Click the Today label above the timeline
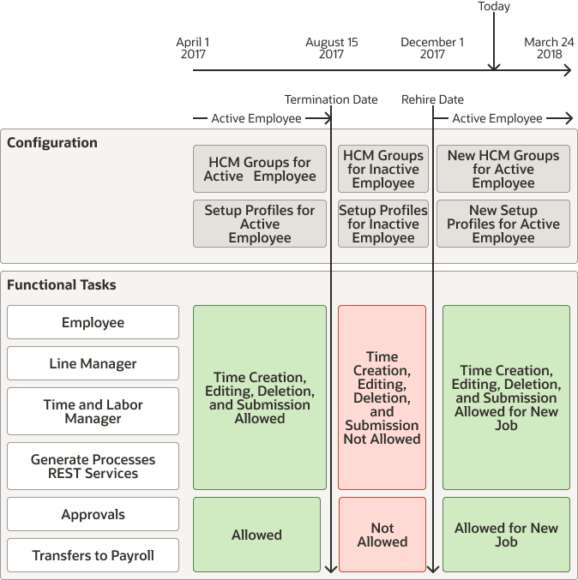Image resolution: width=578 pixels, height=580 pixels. tap(494, 7)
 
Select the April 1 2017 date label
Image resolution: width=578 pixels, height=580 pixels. tap(193, 48)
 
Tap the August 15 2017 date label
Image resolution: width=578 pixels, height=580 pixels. tap(331, 48)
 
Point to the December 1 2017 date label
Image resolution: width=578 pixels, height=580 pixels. tap(432, 48)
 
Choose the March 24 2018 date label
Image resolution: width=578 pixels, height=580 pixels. tap(549, 48)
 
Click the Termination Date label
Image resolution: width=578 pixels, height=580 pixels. tap(331, 99)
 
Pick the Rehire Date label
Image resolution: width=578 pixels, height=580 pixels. tap(432, 99)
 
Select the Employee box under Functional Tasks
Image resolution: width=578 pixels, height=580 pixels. tap(93, 323)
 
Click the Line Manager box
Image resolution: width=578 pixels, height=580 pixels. tap(93, 364)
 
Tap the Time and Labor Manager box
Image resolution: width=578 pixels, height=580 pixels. tap(93, 412)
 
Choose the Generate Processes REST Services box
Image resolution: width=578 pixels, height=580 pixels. tap(93, 467)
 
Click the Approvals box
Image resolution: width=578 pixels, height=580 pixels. tap(93, 515)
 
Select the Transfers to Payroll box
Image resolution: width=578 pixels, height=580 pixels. tap(93, 556)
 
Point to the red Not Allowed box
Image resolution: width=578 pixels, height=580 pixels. tap(382, 535)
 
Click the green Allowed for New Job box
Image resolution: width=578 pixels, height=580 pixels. tap(506, 535)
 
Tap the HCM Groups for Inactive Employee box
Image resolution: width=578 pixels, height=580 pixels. tap(382, 170)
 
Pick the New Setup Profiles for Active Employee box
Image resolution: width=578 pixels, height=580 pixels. tap(503, 224)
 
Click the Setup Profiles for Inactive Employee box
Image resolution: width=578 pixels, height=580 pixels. tap(382, 224)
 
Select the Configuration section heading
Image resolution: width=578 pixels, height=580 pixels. tap(52, 143)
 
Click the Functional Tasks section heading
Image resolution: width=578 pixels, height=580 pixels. tap(62, 285)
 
